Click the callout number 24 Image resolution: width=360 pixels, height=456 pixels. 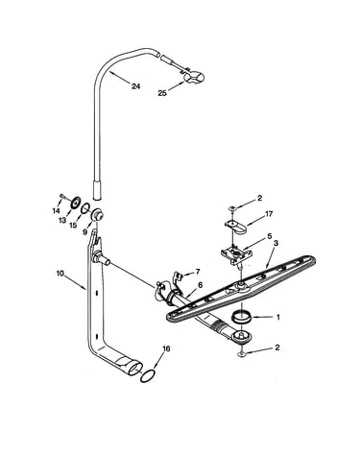click(x=135, y=86)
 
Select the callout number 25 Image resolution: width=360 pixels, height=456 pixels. click(x=162, y=93)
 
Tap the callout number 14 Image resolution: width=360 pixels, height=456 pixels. click(x=56, y=210)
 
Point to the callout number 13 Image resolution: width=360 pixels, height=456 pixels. click(x=62, y=220)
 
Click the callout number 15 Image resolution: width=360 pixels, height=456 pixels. click(x=73, y=225)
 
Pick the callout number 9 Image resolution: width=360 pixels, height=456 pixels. click(x=85, y=231)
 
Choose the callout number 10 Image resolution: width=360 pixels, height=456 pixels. click(x=60, y=274)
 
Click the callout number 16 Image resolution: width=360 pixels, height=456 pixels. click(x=166, y=348)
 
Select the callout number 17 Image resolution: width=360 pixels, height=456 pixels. click(x=269, y=214)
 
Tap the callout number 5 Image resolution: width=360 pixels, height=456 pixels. click(x=269, y=236)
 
